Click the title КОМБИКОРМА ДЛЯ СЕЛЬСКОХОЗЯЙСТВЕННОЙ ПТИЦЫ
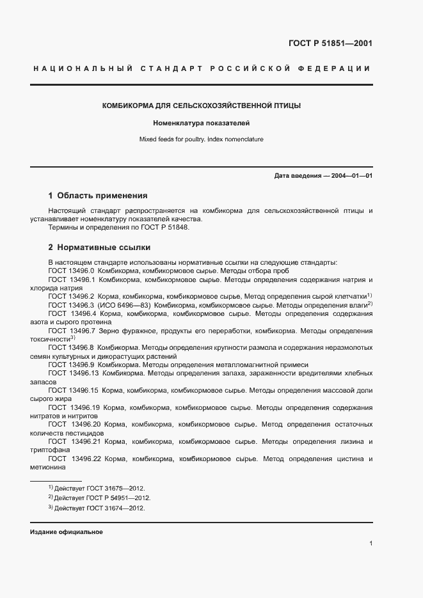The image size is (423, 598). click(202, 106)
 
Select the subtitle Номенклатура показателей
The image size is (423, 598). click(202, 122)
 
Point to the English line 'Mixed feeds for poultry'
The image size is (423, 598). click(202, 139)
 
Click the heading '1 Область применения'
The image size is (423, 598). click(98, 196)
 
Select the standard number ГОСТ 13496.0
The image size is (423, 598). click(72, 271)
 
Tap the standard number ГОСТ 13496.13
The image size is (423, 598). click(73, 372)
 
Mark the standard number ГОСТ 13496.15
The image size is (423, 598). click(73, 390)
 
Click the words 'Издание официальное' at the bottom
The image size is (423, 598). click(67, 532)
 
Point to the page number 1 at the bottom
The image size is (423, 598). click(371, 544)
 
